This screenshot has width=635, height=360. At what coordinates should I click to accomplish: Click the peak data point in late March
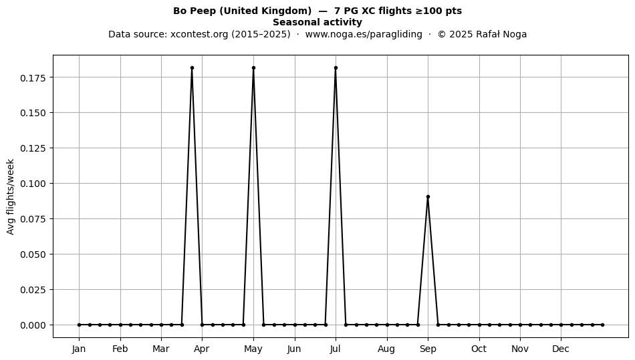192,68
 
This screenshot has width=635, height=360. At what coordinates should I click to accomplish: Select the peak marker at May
253,68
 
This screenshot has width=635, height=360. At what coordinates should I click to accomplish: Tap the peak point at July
336,68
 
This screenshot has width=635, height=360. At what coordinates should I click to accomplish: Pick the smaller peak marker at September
428,197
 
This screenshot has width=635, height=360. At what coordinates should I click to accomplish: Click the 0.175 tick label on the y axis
33,77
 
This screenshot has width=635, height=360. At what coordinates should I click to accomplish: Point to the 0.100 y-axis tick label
33,184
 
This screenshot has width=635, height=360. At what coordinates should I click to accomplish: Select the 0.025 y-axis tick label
33,290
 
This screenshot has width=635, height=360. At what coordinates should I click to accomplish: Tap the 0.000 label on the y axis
33,325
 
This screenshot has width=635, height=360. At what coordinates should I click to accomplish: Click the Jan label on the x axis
79,349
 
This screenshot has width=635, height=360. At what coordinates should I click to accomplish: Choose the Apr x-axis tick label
202,349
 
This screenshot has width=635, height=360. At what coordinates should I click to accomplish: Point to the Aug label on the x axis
386,349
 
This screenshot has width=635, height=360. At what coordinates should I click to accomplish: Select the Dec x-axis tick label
561,349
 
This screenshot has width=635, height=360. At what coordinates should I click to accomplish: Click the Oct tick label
479,349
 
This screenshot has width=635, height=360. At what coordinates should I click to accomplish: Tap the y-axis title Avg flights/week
11,196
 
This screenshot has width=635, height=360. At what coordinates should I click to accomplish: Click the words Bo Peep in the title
195,11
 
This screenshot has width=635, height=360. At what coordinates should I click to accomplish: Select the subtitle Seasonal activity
317,22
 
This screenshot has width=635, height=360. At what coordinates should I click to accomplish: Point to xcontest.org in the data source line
199,34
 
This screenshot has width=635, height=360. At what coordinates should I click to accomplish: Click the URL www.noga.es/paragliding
364,34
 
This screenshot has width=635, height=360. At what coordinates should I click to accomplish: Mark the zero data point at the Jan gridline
79,325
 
